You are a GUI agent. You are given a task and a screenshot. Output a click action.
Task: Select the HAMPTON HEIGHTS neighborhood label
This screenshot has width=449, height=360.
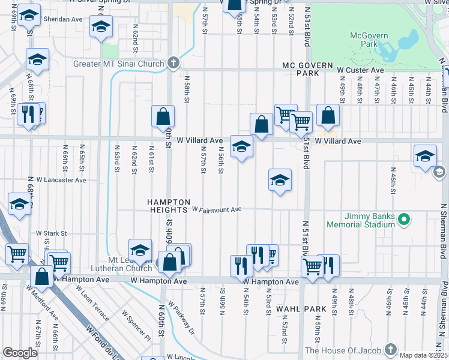(169, 206)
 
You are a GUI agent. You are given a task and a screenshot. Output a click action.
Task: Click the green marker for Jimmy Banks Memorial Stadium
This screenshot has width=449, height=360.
(403, 220)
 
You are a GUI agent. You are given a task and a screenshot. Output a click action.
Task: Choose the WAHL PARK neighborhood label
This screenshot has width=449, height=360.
(301, 309)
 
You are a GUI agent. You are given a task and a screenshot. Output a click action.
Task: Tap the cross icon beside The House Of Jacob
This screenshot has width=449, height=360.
(391, 350)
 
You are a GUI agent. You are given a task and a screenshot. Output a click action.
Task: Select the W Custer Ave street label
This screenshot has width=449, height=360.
(360, 70)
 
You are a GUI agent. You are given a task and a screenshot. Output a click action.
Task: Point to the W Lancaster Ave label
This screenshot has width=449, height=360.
(61, 179)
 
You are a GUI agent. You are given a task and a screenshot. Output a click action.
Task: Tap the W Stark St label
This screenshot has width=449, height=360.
(50, 233)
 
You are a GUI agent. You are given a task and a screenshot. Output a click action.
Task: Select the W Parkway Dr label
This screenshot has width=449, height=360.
(182, 319)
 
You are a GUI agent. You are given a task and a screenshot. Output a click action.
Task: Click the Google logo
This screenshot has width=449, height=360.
(20, 353)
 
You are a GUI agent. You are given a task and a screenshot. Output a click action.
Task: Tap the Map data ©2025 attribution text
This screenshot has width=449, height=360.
(423, 355)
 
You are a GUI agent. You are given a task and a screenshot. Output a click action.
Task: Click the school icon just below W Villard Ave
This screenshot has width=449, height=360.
(241, 146)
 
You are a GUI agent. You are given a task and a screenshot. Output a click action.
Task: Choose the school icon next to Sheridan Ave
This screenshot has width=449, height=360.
(101, 25)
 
